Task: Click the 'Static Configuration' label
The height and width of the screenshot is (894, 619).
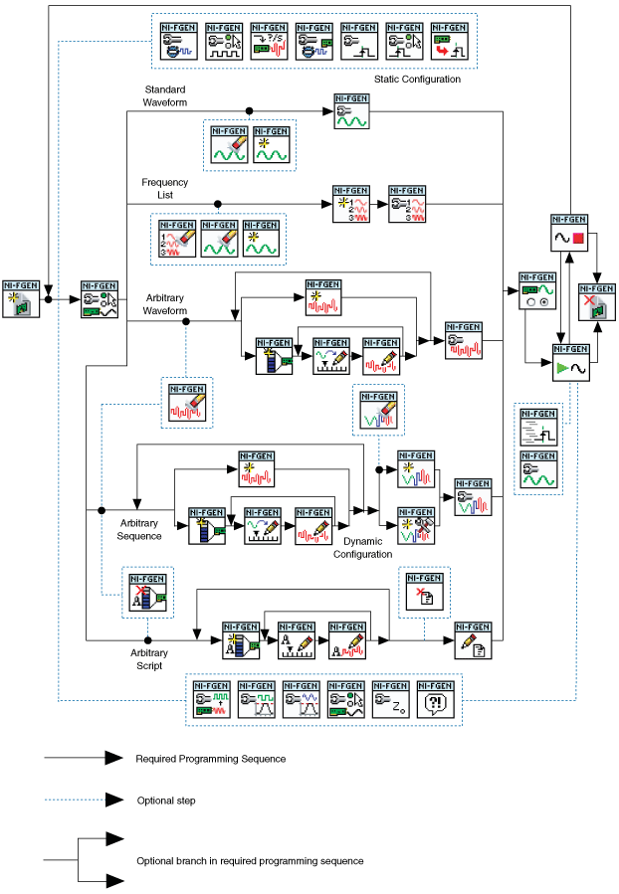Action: [x=417, y=80]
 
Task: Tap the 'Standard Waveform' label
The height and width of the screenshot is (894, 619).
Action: [x=164, y=95]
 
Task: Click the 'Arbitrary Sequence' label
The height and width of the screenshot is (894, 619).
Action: [x=140, y=529]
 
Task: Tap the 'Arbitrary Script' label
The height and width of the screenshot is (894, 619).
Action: [x=148, y=659]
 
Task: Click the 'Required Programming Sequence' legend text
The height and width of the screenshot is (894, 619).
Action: [x=210, y=759]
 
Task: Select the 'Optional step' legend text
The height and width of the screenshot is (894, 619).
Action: [x=167, y=800]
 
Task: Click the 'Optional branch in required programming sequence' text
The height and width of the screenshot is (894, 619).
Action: [x=250, y=860]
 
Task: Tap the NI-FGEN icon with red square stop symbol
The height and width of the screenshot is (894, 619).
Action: [x=569, y=233]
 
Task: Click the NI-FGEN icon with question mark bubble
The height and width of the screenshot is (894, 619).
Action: [x=435, y=699]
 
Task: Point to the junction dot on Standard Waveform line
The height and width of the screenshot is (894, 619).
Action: [x=249, y=111]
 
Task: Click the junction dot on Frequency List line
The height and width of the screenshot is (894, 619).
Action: [x=218, y=204]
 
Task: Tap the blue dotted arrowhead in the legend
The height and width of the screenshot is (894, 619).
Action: [x=113, y=800]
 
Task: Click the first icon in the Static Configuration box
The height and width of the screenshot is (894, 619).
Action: [x=179, y=41]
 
